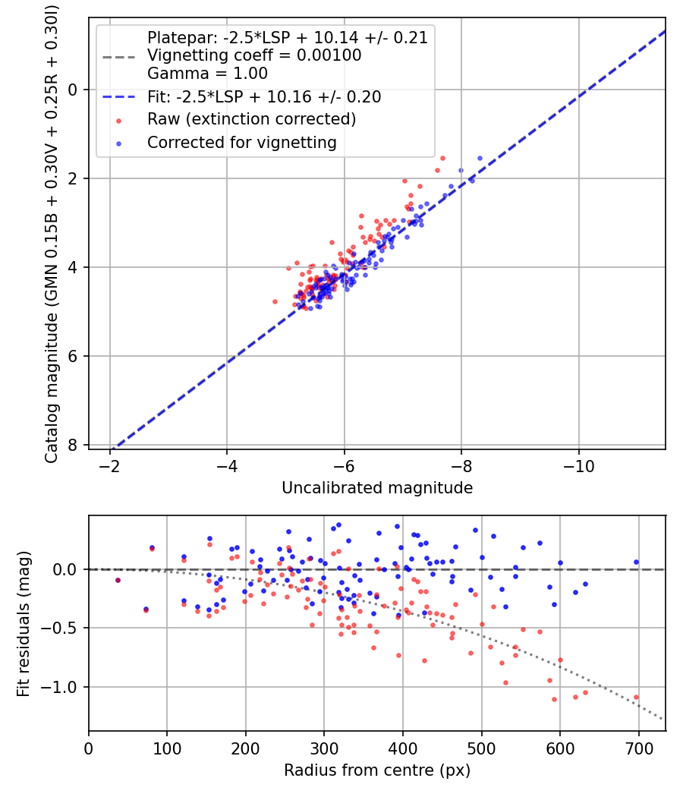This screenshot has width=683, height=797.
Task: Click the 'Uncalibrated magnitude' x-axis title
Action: [x=377, y=488]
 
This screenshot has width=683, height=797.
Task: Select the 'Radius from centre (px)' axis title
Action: [x=377, y=770]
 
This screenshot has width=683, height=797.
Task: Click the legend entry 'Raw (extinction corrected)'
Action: [x=251, y=119]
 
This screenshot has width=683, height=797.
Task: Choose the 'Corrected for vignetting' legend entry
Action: [x=242, y=142]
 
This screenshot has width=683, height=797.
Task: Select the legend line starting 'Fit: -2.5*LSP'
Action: [x=264, y=97]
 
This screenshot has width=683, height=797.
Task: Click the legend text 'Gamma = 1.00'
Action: [x=207, y=74]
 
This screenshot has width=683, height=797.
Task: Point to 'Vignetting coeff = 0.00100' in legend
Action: [x=254, y=55]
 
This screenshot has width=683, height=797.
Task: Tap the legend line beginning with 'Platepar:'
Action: [x=288, y=38]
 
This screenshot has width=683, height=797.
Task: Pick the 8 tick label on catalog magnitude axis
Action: [x=74, y=445]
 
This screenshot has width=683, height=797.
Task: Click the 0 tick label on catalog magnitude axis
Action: [x=74, y=90]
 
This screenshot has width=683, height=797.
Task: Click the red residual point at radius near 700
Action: [x=636, y=697]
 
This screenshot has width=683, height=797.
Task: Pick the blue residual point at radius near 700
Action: [x=636, y=562]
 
